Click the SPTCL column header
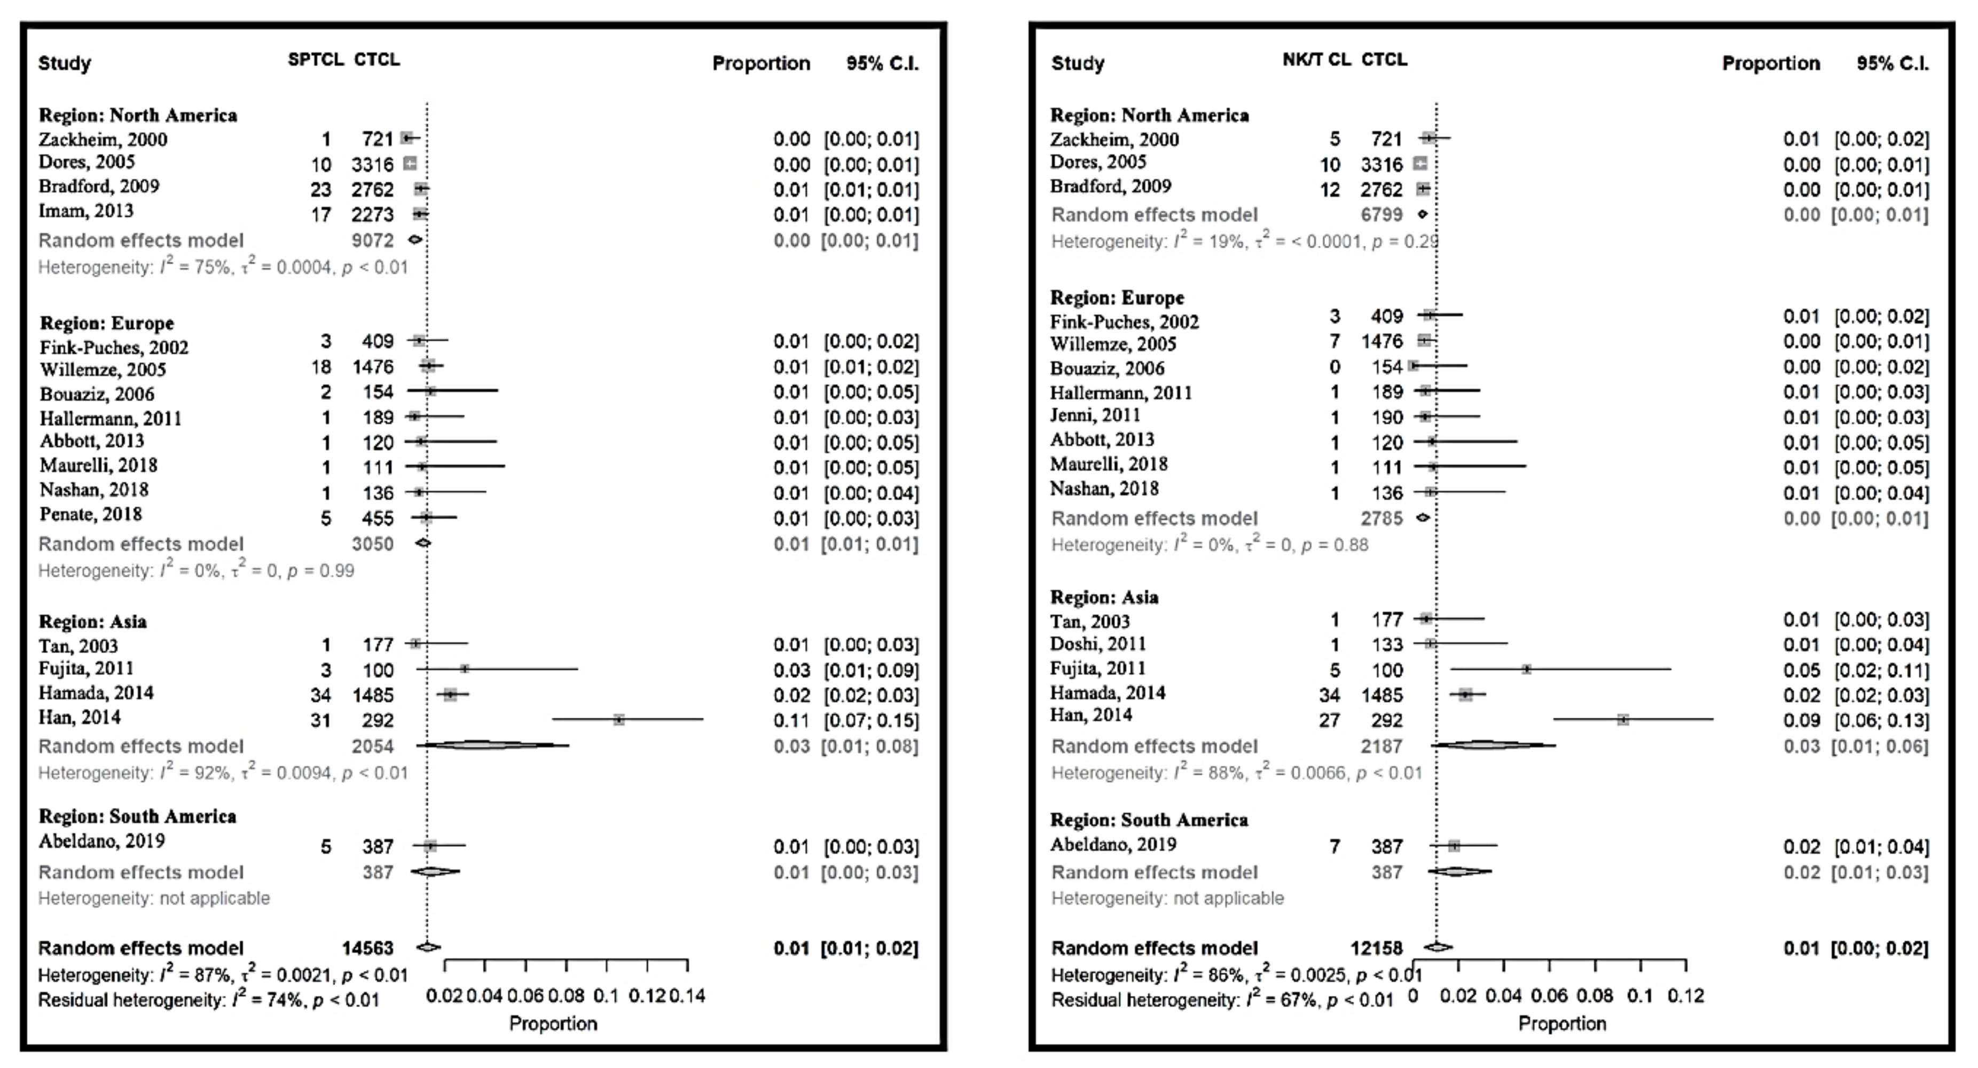pyautogui.click(x=315, y=60)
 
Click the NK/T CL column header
pyautogui.click(x=1316, y=60)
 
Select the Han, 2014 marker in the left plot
pyautogui.click(x=619, y=719)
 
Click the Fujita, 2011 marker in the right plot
pyautogui.click(x=1527, y=669)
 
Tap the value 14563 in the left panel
pyautogui.click(x=368, y=948)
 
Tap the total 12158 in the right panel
pyautogui.click(x=1376, y=948)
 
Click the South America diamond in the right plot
pyautogui.click(x=1459, y=871)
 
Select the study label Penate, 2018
pyautogui.click(x=91, y=514)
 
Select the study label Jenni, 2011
pyautogui.click(x=1095, y=415)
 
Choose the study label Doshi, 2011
pyautogui.click(x=1098, y=643)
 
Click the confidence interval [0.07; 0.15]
pyautogui.click(x=871, y=720)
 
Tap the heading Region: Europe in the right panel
pyautogui.click(x=1117, y=298)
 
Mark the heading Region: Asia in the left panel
pyautogui.click(x=93, y=621)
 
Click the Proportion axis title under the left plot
pyautogui.click(x=553, y=1024)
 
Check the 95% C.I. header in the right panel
pyautogui.click(x=1892, y=63)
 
